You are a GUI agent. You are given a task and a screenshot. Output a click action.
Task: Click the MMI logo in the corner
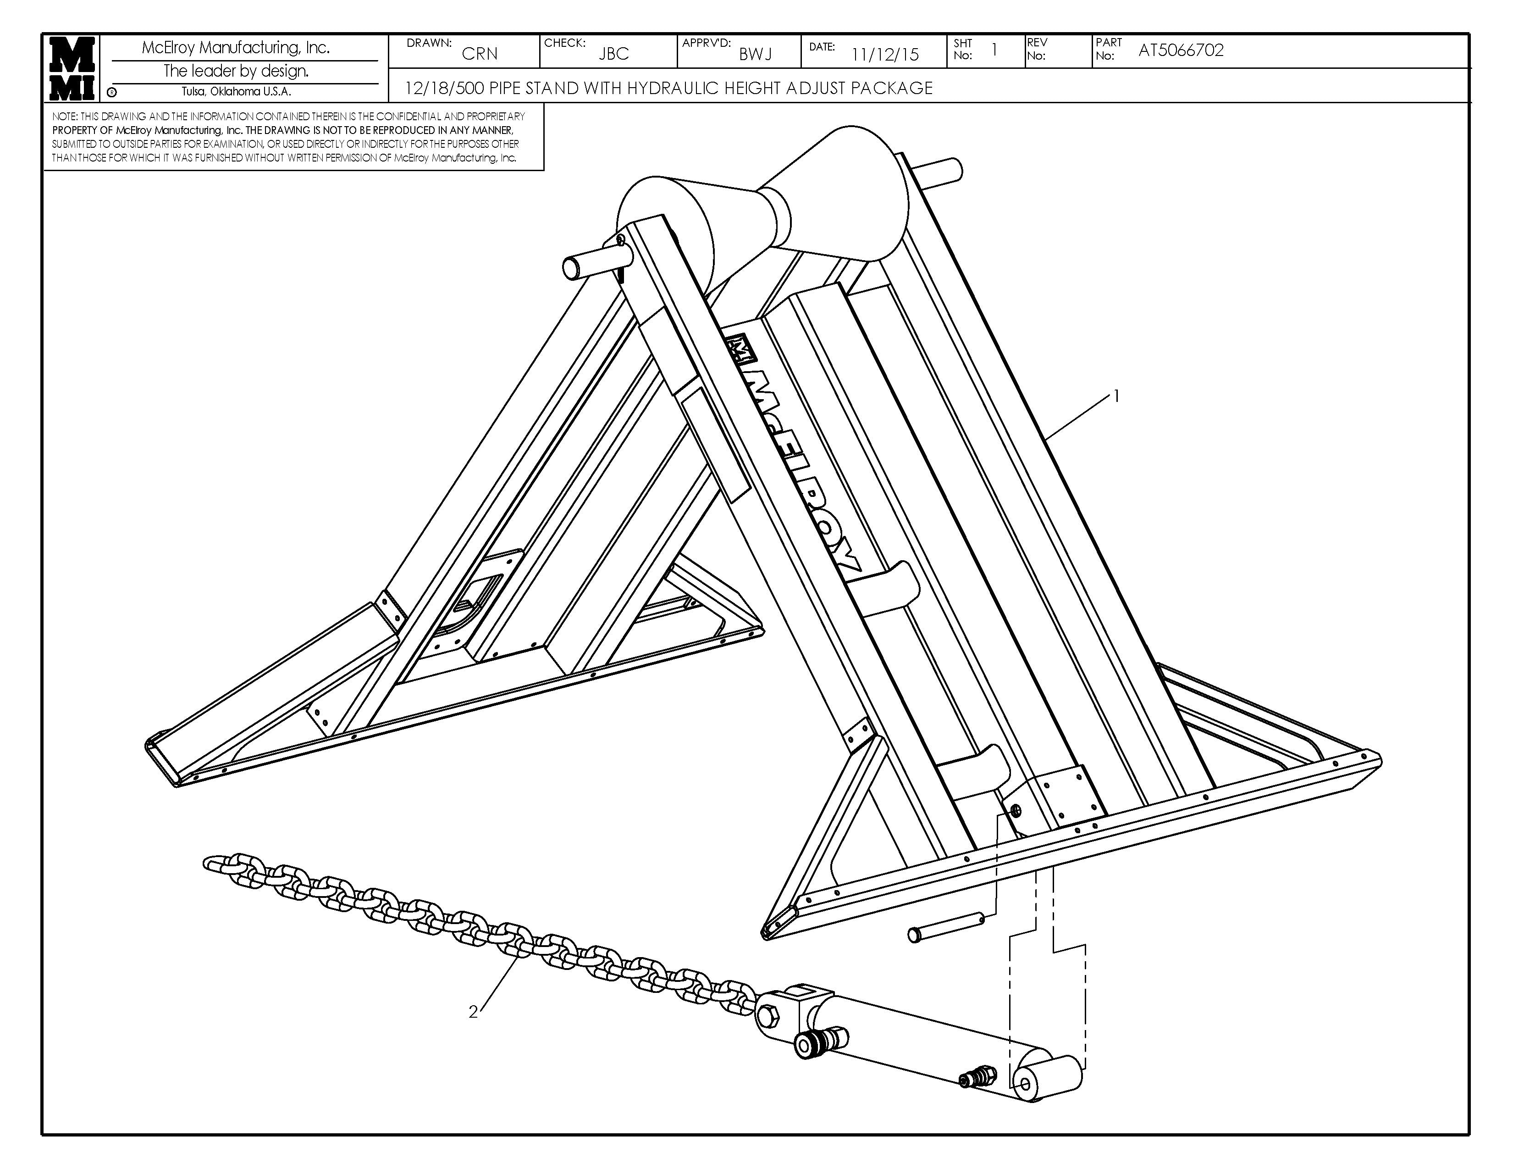[72, 68]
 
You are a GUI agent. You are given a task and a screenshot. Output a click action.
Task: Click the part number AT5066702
[1181, 50]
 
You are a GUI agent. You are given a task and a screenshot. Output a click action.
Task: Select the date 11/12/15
[885, 55]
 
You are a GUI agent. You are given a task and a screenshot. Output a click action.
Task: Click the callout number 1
[1116, 396]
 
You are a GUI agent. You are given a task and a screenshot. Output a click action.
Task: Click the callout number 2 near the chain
[473, 1013]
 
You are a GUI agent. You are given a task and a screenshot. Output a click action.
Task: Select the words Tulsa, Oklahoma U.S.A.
[236, 91]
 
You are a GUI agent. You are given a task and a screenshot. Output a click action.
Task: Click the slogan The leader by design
[236, 71]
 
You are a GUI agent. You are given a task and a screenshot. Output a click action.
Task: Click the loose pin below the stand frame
[945, 927]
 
